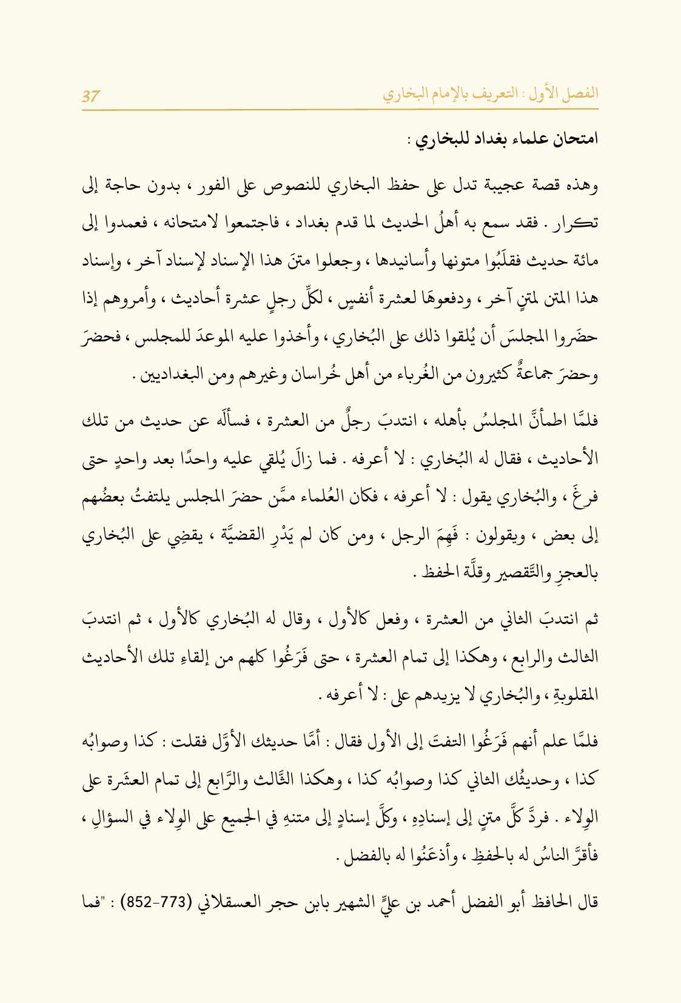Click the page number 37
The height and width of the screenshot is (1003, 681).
pos(91,96)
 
